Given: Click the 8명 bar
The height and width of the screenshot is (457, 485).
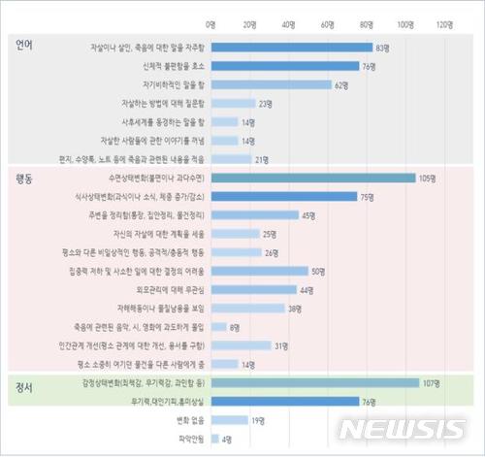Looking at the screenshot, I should [x=218, y=327].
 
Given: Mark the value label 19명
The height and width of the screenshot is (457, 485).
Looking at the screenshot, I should [x=258, y=421].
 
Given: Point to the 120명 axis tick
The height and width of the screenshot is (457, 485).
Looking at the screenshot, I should [x=444, y=22].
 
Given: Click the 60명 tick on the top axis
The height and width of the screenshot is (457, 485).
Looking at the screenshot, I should [x=328, y=22].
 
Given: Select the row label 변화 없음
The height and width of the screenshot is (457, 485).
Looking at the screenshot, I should [x=186, y=421].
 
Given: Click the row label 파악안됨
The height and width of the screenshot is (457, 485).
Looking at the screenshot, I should [x=188, y=440].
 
